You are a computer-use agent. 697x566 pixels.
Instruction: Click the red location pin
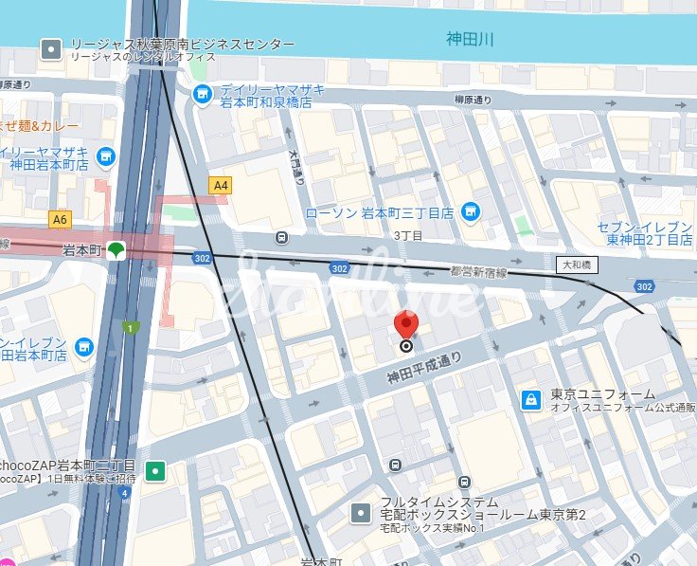coord(407,325)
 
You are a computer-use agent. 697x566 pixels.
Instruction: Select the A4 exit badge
coord(222,186)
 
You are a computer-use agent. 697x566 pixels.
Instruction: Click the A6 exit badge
coord(61,220)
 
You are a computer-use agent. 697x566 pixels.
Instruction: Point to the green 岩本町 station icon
coord(116,250)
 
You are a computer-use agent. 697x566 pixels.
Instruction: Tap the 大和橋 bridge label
coord(577,265)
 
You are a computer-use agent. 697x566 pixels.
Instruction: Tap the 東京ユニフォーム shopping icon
coord(531,400)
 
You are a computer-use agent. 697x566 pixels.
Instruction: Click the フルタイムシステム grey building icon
coord(361,513)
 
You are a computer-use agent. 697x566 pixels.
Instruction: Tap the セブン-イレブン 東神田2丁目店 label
coord(646,233)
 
